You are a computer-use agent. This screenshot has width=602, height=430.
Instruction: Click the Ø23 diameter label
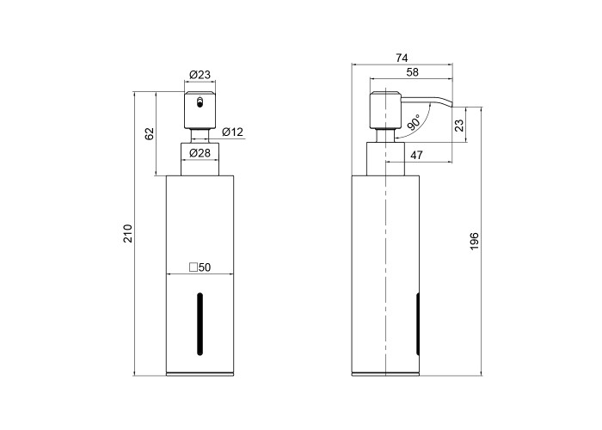coord(200,75)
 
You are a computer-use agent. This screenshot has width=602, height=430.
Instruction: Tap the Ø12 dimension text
coord(233,132)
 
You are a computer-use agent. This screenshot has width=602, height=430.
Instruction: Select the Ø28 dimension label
coord(200,153)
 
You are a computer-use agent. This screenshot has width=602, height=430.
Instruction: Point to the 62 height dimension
coord(149,133)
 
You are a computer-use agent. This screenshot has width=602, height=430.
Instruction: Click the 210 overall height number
coord(127,233)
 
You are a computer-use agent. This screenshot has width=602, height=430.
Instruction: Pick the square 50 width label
coord(200,267)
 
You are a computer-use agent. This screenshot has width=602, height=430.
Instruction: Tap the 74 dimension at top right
coord(402,58)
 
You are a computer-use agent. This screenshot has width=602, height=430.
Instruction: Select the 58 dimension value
coord(412,72)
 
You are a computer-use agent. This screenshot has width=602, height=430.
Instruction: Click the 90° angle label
coord(414,122)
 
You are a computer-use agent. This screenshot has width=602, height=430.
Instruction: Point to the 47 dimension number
coord(416,155)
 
